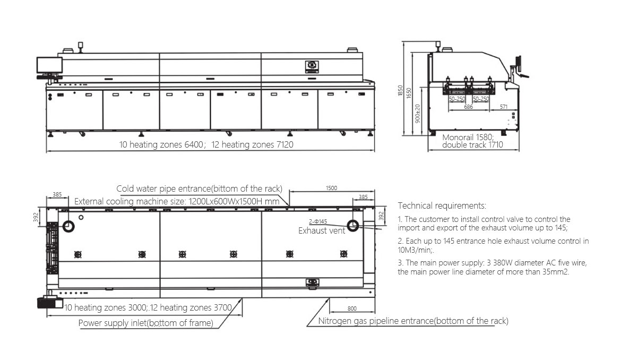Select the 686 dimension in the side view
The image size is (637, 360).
point(468,107)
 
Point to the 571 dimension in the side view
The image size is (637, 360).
point(504,107)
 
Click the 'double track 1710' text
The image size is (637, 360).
point(472,144)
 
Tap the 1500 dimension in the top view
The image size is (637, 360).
point(331,188)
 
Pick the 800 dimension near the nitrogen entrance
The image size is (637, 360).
point(352,308)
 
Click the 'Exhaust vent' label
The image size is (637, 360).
point(322,230)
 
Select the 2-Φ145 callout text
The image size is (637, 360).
point(317,221)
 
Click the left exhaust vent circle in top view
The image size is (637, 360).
point(68,227)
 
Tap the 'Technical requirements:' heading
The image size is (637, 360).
point(442,205)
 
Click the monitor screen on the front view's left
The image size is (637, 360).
point(49,66)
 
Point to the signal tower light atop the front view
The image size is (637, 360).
point(81,46)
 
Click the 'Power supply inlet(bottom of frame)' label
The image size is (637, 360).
point(146,323)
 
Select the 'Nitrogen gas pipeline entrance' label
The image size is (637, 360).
point(413,321)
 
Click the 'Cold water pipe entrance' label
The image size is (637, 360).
point(199,188)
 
